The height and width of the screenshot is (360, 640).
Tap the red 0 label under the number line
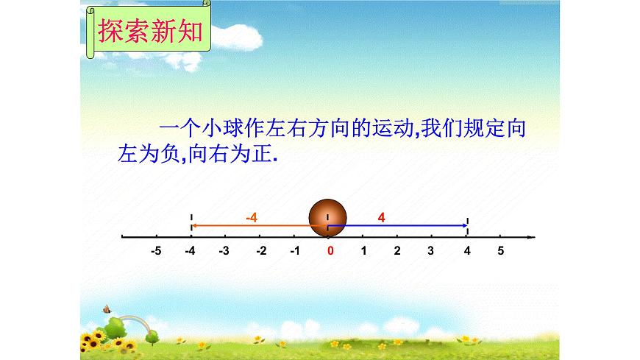[331, 251]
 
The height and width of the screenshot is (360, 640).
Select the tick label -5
[156, 251]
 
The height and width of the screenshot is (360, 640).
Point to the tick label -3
[224, 251]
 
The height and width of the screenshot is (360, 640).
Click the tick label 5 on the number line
[500, 251]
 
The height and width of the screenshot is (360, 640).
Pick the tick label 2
[397, 251]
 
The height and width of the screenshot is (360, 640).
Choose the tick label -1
[294, 251]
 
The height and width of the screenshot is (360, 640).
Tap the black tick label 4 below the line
[467, 251]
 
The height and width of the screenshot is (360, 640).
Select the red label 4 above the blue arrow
[381, 216]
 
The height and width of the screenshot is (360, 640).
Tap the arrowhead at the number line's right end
[532, 237]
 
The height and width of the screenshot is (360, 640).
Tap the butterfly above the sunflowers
[107, 309]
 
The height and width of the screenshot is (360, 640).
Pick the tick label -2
[260, 251]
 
